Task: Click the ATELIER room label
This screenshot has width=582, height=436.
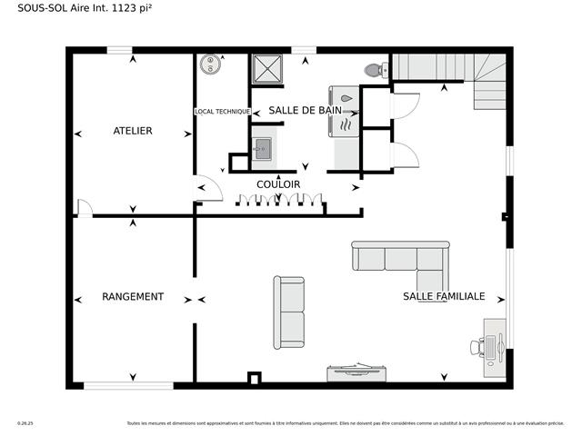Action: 133,131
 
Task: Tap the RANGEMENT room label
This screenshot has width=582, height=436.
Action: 133,297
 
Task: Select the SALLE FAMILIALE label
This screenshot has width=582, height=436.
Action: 444,297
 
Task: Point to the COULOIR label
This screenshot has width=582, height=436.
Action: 278,184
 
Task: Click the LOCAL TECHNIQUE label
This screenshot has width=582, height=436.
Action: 222,112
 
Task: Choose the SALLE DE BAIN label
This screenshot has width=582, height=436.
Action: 305,110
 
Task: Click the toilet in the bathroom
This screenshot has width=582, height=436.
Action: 373,69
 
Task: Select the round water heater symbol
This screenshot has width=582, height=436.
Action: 210,64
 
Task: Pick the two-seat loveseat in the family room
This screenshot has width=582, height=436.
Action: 290,312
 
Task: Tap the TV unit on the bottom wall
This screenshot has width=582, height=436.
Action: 357,372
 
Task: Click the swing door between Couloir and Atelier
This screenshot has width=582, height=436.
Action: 209,187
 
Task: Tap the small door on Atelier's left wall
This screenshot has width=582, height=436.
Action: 84,208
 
